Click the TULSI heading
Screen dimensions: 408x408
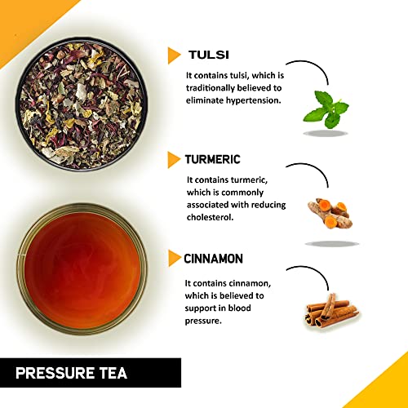(x=209, y=55)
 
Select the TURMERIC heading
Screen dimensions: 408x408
(x=213, y=159)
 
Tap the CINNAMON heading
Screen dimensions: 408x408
(x=214, y=259)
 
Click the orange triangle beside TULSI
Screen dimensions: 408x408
(x=174, y=55)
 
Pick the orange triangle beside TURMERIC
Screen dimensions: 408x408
(x=174, y=160)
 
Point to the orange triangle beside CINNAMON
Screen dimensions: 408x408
(x=175, y=258)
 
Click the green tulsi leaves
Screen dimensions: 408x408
(x=326, y=109)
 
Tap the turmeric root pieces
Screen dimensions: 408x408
(x=330, y=214)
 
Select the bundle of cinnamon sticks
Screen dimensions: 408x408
(x=331, y=310)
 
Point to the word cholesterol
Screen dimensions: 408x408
(x=211, y=217)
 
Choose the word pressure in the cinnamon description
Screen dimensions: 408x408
(x=203, y=321)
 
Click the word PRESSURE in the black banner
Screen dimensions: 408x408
(x=55, y=373)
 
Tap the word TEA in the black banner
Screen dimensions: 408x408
(x=113, y=373)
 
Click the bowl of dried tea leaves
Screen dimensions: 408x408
(x=82, y=104)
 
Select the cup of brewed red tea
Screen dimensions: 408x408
(x=82, y=269)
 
